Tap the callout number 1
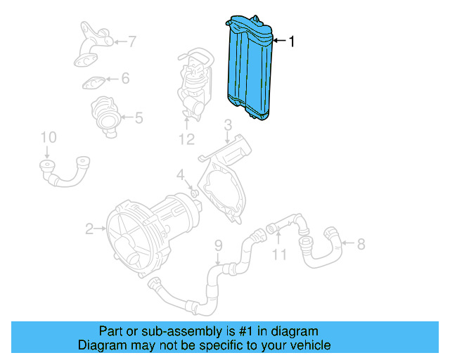[x=292, y=41]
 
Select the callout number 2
[x=89, y=228]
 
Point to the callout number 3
[x=228, y=126]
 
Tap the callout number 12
[x=186, y=139]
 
